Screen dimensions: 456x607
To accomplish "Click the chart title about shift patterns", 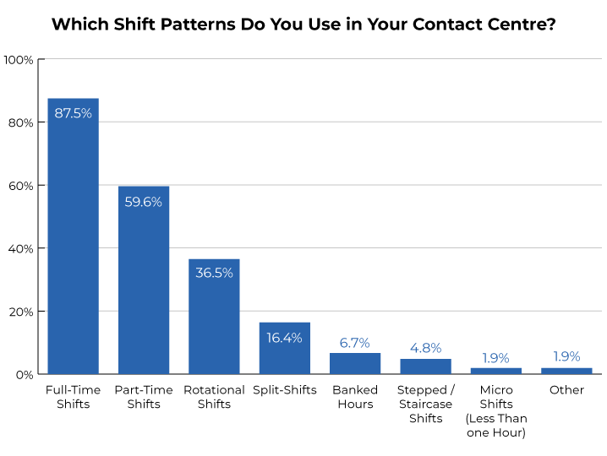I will pos(303,24).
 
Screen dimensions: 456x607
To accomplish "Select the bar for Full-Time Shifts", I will pos(73,245).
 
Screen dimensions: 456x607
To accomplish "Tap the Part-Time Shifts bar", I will pos(143,287).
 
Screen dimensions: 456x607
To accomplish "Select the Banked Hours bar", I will pos(355,364).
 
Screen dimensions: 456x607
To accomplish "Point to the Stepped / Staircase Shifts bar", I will pos(425,366).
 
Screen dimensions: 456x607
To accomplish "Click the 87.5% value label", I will pos(73,113).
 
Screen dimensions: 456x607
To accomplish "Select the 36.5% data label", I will pos(214,273).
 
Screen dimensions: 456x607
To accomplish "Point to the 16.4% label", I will pos(284,337).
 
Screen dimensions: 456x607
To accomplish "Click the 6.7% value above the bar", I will pos(355,342).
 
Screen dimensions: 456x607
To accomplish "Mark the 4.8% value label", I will pos(425,348).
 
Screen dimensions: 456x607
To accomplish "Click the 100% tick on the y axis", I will pos(19,60).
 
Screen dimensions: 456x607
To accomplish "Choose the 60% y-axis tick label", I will pos(20,186).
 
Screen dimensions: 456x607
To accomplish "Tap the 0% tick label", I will pos(24,374).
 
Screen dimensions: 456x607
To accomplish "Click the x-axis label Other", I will pos(566,390).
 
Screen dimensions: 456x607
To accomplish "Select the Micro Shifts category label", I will pos(496,411).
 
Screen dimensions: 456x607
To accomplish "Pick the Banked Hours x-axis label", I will pos(355,397).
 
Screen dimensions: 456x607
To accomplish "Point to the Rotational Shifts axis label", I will pos(214,397).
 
